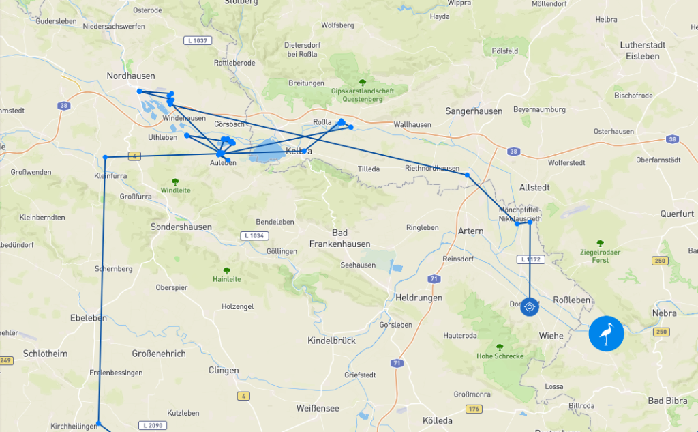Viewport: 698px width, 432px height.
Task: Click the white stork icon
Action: pyautogui.click(x=606, y=334)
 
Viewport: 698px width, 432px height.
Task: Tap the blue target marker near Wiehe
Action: pyautogui.click(x=530, y=306)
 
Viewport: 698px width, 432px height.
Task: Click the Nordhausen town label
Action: pyautogui.click(x=131, y=76)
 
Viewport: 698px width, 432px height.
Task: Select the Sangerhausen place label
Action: pyautogui.click(x=474, y=111)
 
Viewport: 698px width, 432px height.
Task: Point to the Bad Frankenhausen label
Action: pyautogui.click(x=340, y=238)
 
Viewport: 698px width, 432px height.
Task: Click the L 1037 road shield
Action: pyautogui.click(x=198, y=41)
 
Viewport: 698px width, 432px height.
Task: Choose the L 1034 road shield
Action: pyautogui.click(x=252, y=236)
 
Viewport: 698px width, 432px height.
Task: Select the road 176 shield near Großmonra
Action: pyautogui.click(x=474, y=409)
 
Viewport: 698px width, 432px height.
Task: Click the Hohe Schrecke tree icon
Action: pyautogui.click(x=500, y=347)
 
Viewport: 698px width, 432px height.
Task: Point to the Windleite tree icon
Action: pyautogui.click(x=175, y=182)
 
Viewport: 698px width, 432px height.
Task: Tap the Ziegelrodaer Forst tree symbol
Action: pyautogui.click(x=600, y=243)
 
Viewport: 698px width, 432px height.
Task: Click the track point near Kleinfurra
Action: pyautogui.click(x=105, y=158)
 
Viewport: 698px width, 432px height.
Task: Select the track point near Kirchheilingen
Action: pyautogui.click(x=98, y=424)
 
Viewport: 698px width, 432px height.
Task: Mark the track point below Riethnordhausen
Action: pyautogui.click(x=467, y=175)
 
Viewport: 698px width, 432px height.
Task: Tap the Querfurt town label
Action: pyautogui.click(x=677, y=214)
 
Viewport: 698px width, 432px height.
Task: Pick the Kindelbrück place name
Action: pyautogui.click(x=332, y=341)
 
